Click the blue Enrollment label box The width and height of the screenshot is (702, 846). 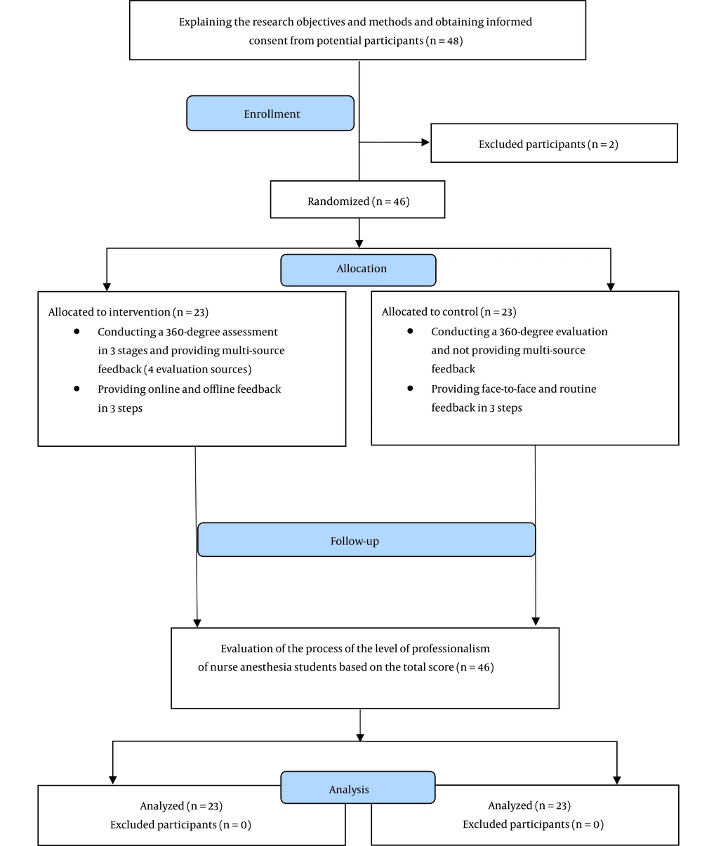[x=270, y=113]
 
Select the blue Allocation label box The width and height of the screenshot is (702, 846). [x=358, y=270]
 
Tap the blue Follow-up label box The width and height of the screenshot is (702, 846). [x=366, y=539]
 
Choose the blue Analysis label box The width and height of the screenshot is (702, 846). [x=358, y=787]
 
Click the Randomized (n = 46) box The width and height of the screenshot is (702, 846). [x=358, y=199]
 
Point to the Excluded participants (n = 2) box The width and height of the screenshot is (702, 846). [x=554, y=143]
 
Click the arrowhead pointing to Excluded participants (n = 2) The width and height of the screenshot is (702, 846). [x=425, y=142]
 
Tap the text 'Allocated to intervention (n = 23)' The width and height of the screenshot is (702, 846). [x=128, y=312]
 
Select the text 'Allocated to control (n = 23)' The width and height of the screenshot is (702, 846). [x=449, y=311]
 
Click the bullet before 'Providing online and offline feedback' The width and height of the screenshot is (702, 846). [x=77, y=389]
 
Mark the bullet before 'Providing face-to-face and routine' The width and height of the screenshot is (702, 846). [x=410, y=388]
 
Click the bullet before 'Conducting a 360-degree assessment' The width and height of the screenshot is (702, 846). [x=77, y=331]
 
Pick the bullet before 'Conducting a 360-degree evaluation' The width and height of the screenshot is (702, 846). [x=410, y=331]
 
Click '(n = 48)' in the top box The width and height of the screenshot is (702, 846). [x=444, y=41]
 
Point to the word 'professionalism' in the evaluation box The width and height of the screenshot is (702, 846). [x=451, y=649]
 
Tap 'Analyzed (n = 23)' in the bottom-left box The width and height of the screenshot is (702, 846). [x=181, y=806]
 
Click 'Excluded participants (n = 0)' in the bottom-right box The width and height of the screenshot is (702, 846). [x=534, y=824]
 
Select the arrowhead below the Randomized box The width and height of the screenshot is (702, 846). [x=359, y=243]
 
